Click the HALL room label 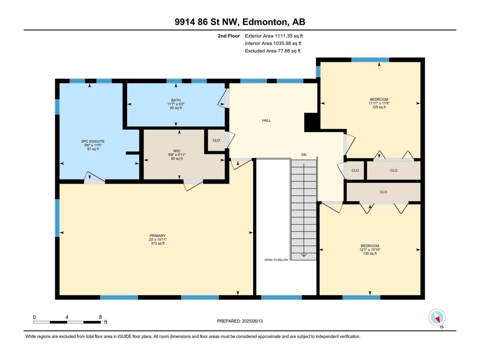[266, 120]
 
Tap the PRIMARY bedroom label [157, 235]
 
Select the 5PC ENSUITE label [93, 141]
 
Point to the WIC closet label [177, 151]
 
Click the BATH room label [176, 100]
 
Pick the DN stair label [304, 155]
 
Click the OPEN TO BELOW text [276, 260]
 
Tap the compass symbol [437, 317]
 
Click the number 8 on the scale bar [100, 317]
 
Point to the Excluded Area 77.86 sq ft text [273, 51]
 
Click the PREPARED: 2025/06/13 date [240, 321]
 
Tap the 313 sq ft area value [157, 243]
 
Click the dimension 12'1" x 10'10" [370, 250]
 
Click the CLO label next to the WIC [216, 140]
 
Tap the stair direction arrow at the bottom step [304, 255]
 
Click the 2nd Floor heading [229, 36]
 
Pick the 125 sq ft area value [379, 107]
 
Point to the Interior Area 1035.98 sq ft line [273, 43]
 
